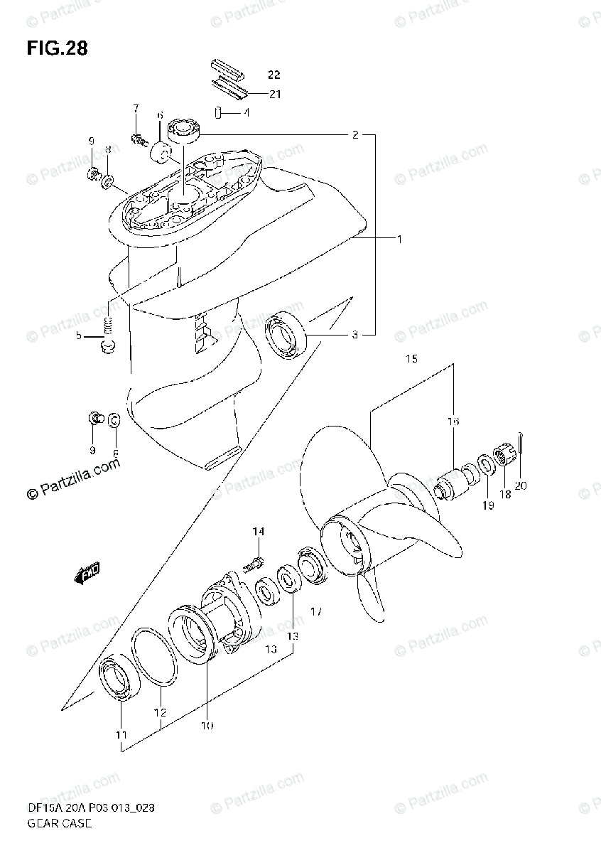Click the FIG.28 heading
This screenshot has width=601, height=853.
pyautogui.click(x=58, y=49)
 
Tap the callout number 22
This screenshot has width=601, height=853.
pyautogui.click(x=274, y=75)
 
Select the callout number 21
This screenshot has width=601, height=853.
pyautogui.click(x=274, y=93)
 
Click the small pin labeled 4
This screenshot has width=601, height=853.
pyautogui.click(x=220, y=112)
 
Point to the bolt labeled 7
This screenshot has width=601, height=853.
pyautogui.click(x=139, y=139)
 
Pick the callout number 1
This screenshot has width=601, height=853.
pyautogui.click(x=399, y=240)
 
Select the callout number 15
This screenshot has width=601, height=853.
pyautogui.click(x=412, y=360)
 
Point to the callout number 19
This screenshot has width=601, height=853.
pyautogui.click(x=488, y=506)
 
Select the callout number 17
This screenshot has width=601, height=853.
pyautogui.click(x=316, y=611)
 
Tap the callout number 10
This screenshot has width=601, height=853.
pyautogui.click(x=206, y=726)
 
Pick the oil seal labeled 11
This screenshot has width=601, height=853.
pyautogui.click(x=114, y=680)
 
